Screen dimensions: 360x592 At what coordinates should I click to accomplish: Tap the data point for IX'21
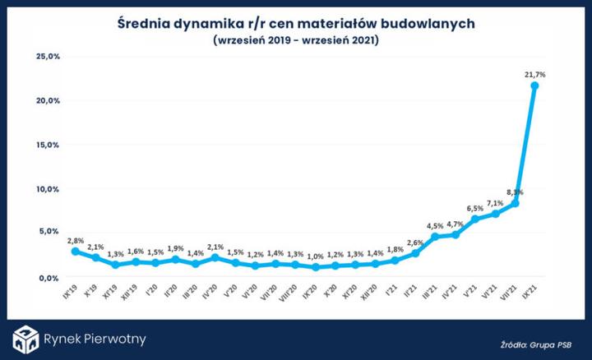[535, 85]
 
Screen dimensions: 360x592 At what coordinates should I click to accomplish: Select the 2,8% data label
[76, 240]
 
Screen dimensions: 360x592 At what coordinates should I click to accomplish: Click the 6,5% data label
[474, 209]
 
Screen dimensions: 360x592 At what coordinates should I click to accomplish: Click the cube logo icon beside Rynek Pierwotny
[25, 339]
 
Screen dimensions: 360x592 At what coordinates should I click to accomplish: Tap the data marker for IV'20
[215, 257]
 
